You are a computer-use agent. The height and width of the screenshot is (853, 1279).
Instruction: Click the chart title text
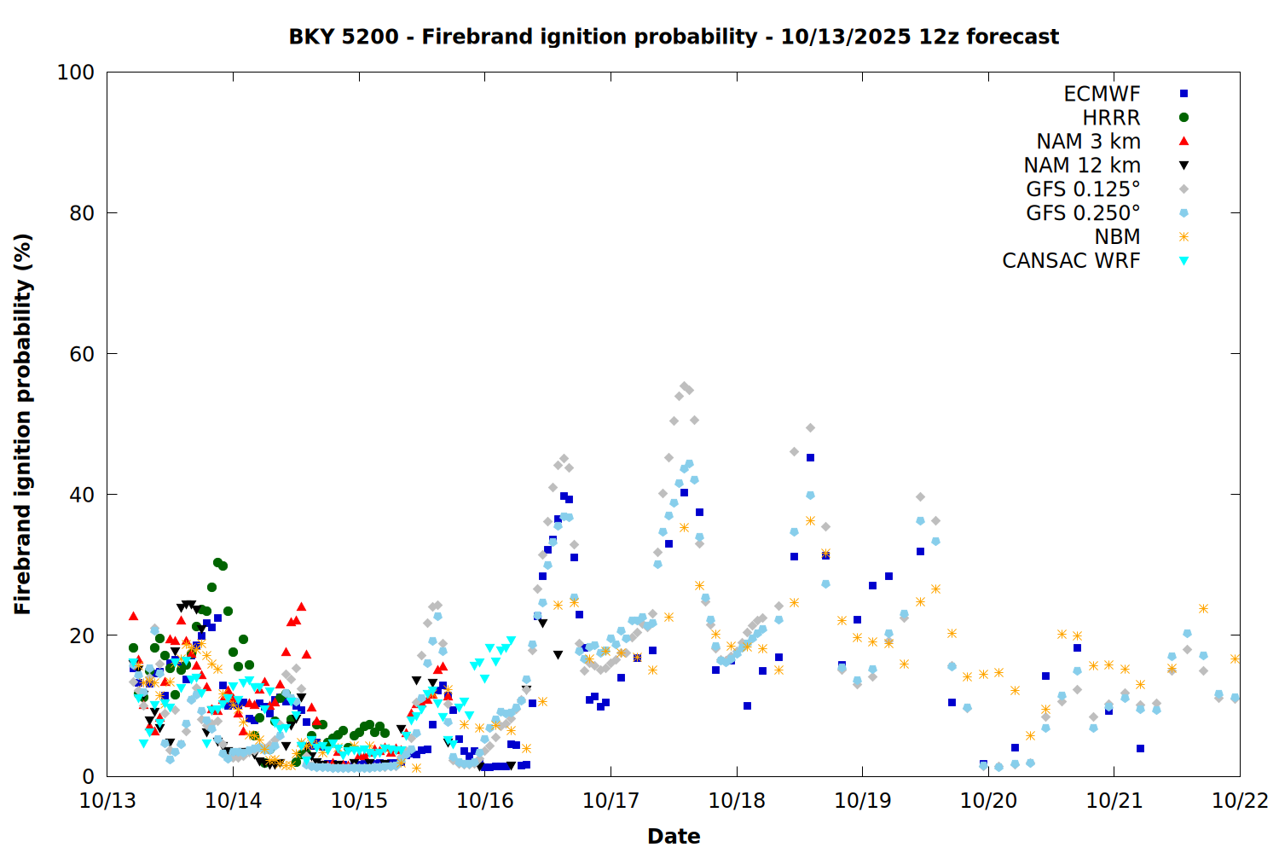pyautogui.click(x=674, y=37)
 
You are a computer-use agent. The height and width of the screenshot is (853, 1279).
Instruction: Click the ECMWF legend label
pyautogui.click(x=1102, y=94)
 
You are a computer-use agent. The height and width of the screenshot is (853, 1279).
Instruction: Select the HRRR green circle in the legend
pyautogui.click(x=1184, y=118)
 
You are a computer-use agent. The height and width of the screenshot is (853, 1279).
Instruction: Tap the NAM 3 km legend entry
pyautogui.click(x=1088, y=142)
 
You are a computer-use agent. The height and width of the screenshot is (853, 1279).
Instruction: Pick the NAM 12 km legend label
pyautogui.click(x=1082, y=165)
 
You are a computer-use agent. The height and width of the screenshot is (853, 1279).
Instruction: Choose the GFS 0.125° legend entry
pyautogui.click(x=1083, y=189)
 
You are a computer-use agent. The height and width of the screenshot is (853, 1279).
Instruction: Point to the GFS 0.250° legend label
pyautogui.click(x=1083, y=213)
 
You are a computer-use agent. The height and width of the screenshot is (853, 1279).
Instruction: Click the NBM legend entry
pyautogui.click(x=1117, y=237)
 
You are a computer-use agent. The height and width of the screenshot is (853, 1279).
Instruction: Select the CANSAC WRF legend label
pyautogui.click(x=1071, y=261)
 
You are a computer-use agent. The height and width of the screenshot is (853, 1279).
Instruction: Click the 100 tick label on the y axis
pyautogui.click(x=76, y=73)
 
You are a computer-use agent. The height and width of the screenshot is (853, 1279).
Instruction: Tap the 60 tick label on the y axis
pyautogui.click(x=82, y=354)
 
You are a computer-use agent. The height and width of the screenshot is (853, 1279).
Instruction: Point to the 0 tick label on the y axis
pyautogui.click(x=88, y=776)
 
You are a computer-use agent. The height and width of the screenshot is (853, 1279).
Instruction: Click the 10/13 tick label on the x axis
pyautogui.click(x=107, y=801)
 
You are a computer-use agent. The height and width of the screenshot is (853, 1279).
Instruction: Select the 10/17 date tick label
pyautogui.click(x=611, y=801)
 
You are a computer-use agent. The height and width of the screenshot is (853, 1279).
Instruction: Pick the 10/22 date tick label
pyautogui.click(x=1240, y=801)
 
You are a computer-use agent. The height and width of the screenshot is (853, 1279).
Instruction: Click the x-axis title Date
pyautogui.click(x=674, y=836)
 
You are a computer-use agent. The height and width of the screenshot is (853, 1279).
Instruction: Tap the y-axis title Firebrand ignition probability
pyautogui.click(x=23, y=424)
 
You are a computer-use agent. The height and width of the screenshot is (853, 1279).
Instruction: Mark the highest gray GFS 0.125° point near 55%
pyautogui.click(x=684, y=386)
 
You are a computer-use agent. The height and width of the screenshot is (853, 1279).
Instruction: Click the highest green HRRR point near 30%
pyautogui.click(x=217, y=563)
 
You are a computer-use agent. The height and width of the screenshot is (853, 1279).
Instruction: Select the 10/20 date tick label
pyautogui.click(x=988, y=801)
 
